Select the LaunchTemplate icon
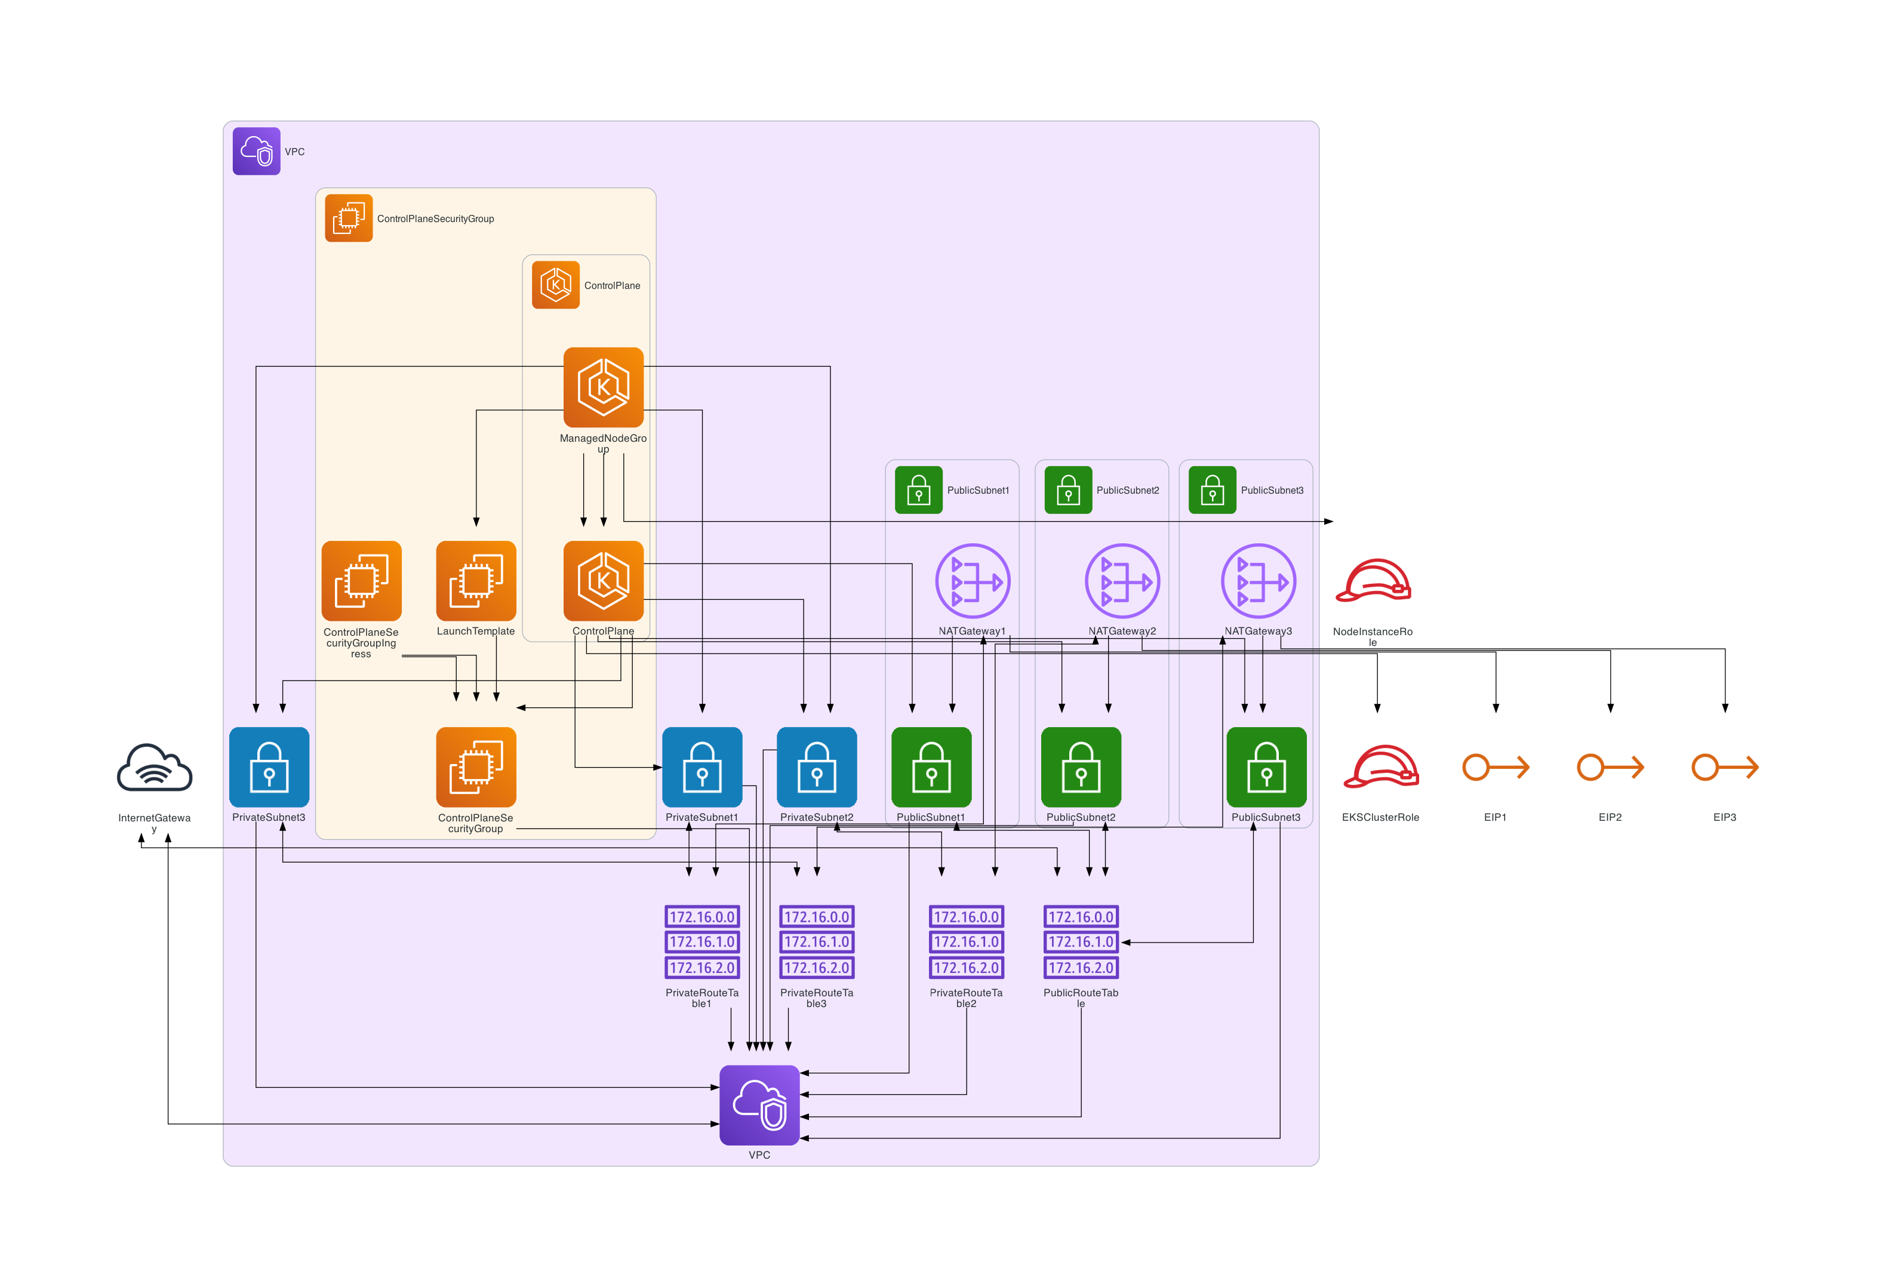pos(476,581)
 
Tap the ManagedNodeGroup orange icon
pos(604,387)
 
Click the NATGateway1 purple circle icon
pos(973,581)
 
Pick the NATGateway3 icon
pos(1258,581)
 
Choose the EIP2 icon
pos(1610,767)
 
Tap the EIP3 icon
pos(1725,767)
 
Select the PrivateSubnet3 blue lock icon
pos(269,767)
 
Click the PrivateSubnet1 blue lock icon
pos(702,767)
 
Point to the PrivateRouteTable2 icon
pos(966,941)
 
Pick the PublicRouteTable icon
pos(1081,941)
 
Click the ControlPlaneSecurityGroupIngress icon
pos(362,581)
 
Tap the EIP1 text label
pos(1495,817)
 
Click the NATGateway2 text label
pos(1122,631)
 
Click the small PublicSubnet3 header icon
pos(1212,490)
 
